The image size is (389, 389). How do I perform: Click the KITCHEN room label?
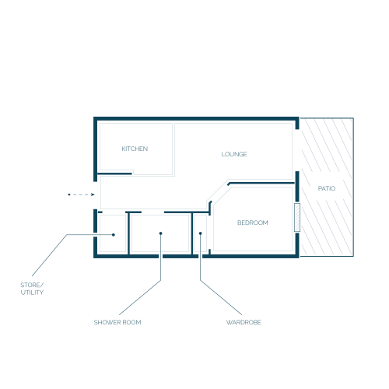coord(135,149)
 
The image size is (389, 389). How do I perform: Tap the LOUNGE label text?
coord(234,154)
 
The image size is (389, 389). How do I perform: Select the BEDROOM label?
coord(253,223)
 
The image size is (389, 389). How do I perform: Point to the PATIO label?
coord(327,188)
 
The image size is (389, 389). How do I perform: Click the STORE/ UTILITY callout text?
coord(32,289)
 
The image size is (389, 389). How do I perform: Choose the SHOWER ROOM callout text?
coord(117,322)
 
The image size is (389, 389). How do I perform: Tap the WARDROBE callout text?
coord(244,322)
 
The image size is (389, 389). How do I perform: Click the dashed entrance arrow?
coord(82,194)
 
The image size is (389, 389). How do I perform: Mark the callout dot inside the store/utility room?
coord(114,235)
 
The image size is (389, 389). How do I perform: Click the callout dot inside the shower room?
coord(160,233)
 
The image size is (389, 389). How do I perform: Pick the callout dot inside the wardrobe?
coord(200,233)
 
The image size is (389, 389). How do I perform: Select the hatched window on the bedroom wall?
coord(297,217)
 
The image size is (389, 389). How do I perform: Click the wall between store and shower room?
coord(128,233)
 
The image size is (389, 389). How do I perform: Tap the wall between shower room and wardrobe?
coord(192,233)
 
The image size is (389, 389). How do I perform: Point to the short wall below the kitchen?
coord(114,173)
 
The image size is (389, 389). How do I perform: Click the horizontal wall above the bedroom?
coord(261,183)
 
